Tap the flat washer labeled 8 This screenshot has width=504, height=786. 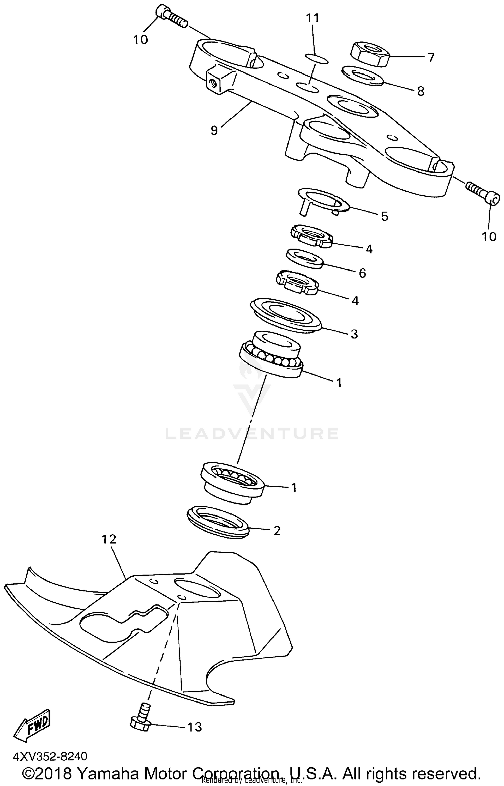[362, 76]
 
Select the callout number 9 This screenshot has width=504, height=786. [214, 130]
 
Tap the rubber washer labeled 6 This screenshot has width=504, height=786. [304, 259]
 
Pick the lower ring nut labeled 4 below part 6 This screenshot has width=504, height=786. [297, 282]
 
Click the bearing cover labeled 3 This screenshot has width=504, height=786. [286, 315]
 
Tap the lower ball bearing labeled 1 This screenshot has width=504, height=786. [233, 482]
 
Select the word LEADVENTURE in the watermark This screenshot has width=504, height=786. [252, 433]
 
